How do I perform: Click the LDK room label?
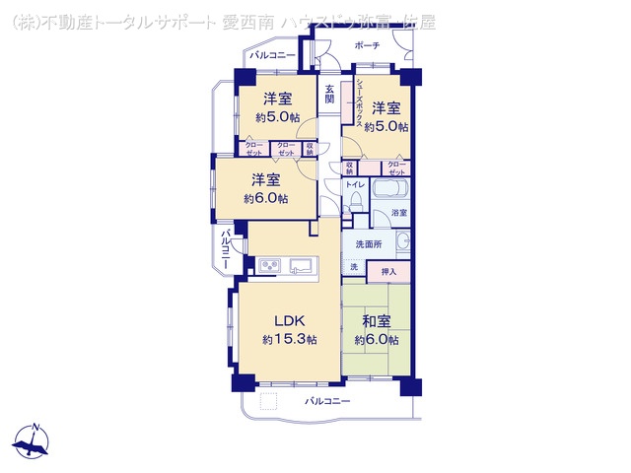tap(290, 320)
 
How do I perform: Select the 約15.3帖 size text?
tap(290, 339)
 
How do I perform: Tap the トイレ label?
tap(355, 184)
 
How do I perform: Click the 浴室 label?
tap(399, 213)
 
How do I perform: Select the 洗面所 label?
tap(369, 243)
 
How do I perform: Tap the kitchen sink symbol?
tap(302, 265)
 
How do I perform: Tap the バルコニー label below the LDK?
tap(327, 401)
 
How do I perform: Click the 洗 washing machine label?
tap(353, 268)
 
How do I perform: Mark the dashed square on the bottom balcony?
tap(269, 401)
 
